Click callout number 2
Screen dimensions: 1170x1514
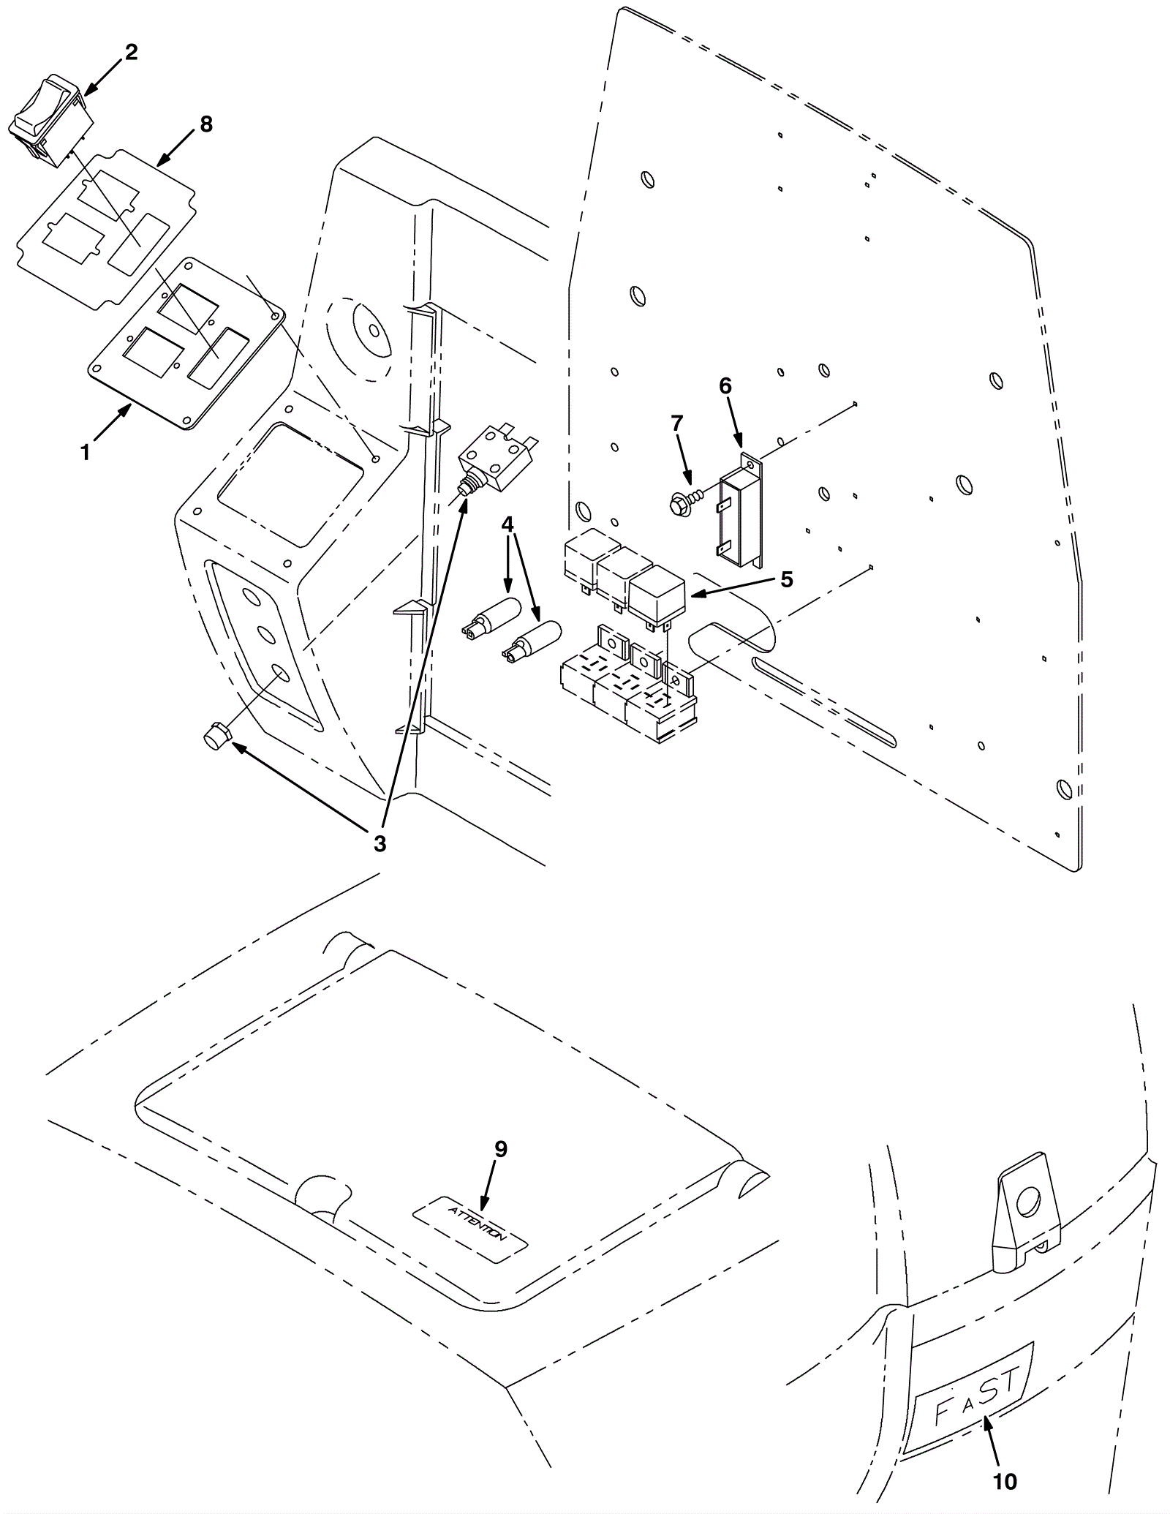tap(131, 53)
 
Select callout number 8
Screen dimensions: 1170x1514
tap(206, 124)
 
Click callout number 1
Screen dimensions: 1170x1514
tap(86, 453)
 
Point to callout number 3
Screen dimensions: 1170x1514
tap(380, 843)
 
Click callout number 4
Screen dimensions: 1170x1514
tap(507, 524)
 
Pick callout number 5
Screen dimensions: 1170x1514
tap(786, 579)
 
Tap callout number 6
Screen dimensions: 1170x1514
tap(725, 385)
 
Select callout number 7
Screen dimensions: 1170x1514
tap(676, 423)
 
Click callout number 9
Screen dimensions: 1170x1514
tap(500, 1149)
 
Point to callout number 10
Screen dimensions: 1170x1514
tap(1005, 1482)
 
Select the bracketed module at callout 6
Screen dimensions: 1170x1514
tap(740, 510)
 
